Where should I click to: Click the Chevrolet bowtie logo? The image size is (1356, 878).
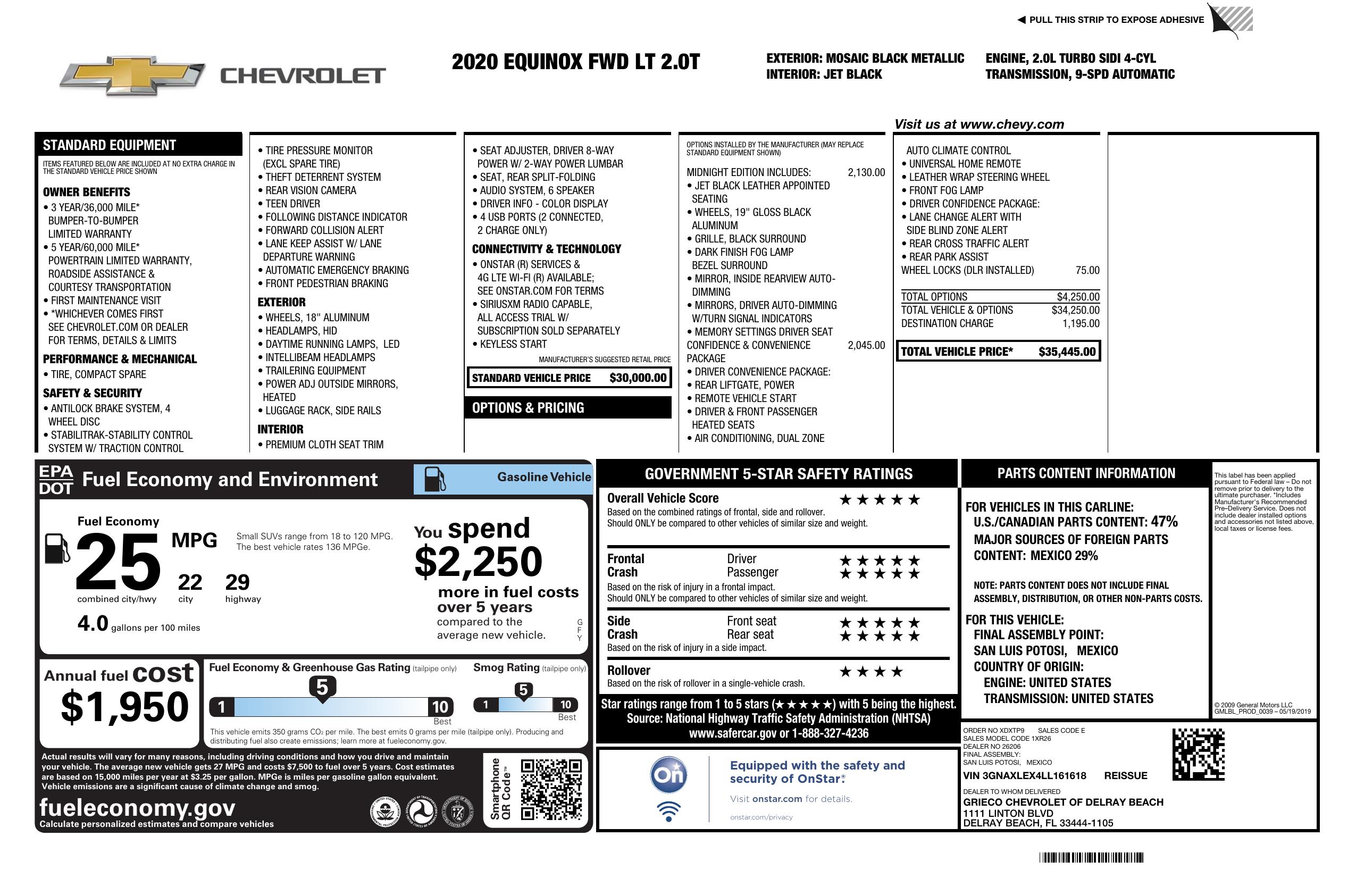(132, 75)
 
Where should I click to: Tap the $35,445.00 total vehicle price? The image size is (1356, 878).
(1066, 352)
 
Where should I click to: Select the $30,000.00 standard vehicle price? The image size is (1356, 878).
(638, 378)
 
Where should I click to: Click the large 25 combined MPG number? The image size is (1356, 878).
(118, 562)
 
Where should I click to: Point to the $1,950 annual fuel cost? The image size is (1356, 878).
(124, 707)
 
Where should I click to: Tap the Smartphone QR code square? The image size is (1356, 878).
(551, 789)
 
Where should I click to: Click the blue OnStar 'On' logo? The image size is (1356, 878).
(668, 775)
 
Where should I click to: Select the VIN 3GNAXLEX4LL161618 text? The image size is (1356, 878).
(1024, 775)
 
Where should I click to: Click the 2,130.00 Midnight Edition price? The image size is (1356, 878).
(866, 173)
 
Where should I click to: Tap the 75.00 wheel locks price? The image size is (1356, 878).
(1087, 270)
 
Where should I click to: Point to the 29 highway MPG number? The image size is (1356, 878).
(237, 582)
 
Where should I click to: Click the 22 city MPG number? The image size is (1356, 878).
(190, 582)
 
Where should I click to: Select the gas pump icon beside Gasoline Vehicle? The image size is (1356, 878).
(436, 479)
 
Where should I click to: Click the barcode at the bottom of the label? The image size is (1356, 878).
(1091, 857)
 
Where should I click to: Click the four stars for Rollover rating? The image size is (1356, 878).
(871, 672)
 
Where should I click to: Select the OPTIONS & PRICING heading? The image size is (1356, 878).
(528, 408)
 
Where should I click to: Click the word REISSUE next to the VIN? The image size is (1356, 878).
(1125, 775)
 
